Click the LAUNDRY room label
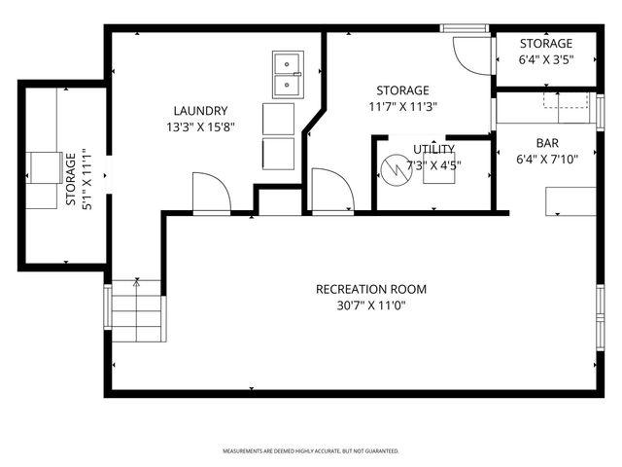(x=202, y=111)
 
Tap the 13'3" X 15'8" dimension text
(x=202, y=126)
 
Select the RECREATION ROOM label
(x=370, y=289)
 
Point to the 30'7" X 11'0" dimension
(x=370, y=305)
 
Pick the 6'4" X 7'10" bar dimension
(x=546, y=159)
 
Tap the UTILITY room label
(x=433, y=149)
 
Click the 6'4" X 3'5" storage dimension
(x=545, y=58)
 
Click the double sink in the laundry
(x=287, y=75)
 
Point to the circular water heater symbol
(x=396, y=172)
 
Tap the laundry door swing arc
(x=210, y=192)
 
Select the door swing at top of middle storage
(x=473, y=54)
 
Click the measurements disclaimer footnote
(x=311, y=451)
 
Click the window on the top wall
(x=464, y=28)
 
